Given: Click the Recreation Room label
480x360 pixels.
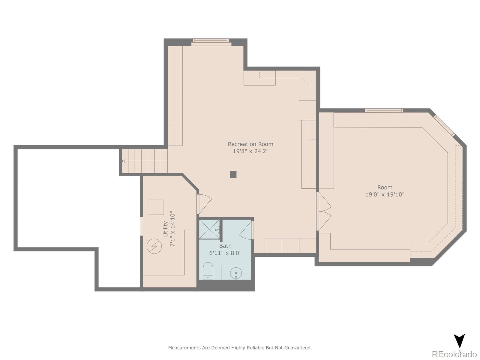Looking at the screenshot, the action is [x=250, y=144].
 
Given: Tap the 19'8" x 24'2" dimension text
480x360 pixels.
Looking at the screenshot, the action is [x=250, y=151].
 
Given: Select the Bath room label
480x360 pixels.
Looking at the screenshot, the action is [x=225, y=246].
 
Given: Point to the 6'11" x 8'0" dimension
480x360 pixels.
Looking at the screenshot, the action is [x=225, y=253].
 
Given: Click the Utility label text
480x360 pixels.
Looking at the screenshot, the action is [x=166, y=229].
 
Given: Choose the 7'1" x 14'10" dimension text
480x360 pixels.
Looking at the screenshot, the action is [x=173, y=229].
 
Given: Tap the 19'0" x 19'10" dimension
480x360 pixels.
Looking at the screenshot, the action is [x=385, y=194].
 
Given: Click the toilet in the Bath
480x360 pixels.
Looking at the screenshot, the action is [x=208, y=271].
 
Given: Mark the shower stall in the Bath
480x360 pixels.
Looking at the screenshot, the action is [x=209, y=229].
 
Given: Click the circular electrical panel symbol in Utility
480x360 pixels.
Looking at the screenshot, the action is [x=154, y=246].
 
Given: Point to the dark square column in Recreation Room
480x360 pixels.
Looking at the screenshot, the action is [x=233, y=174].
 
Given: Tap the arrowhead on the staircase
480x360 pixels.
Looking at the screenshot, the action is [x=123, y=161].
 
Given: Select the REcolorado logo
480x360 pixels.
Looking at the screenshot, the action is [x=454, y=354].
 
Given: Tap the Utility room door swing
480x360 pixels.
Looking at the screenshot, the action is [x=205, y=203].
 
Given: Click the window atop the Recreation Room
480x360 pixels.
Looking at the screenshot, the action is [x=211, y=42].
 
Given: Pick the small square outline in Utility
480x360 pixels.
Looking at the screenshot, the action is [x=156, y=207].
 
